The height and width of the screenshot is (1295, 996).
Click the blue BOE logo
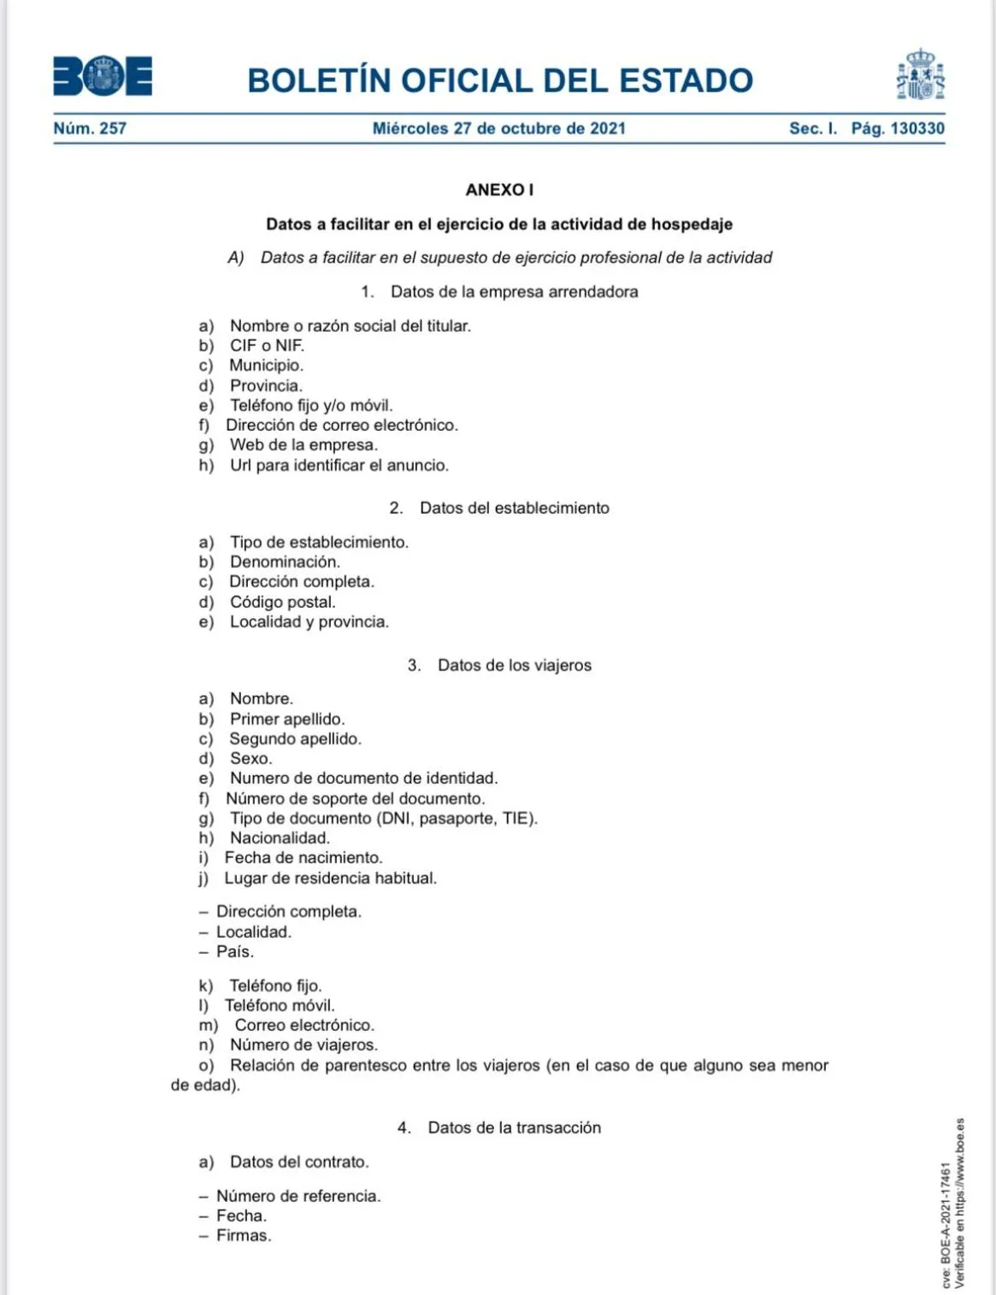pos(103,76)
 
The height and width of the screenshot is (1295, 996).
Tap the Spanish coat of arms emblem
pos(920,75)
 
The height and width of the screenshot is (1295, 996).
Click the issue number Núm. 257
pos(90,128)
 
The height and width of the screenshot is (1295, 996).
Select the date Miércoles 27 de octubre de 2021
pos(498,128)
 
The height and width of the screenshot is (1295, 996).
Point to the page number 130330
pos(917,128)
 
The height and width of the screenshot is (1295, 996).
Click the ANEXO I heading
pos(499,190)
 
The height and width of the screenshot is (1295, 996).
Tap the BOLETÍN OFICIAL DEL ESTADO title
pos(499,80)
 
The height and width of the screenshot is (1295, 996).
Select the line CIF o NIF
pos(267,345)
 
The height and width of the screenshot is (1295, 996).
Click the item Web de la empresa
pos(304,444)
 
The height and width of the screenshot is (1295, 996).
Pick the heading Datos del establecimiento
pos(514,508)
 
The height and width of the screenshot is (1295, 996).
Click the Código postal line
pos(282,602)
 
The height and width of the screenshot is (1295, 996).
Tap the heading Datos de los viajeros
pos(514,665)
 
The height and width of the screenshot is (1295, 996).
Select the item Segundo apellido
pos(295,739)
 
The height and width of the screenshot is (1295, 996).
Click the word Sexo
pos(250,758)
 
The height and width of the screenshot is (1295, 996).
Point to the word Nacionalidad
pos(280,838)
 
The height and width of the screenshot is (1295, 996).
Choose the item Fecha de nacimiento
pos(303,857)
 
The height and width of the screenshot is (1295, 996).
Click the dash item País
pos(234,951)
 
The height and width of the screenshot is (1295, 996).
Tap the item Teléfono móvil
pos(280,1005)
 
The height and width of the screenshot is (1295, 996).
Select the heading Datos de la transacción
pos(514,1127)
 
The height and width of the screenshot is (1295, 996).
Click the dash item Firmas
pos(243,1235)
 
